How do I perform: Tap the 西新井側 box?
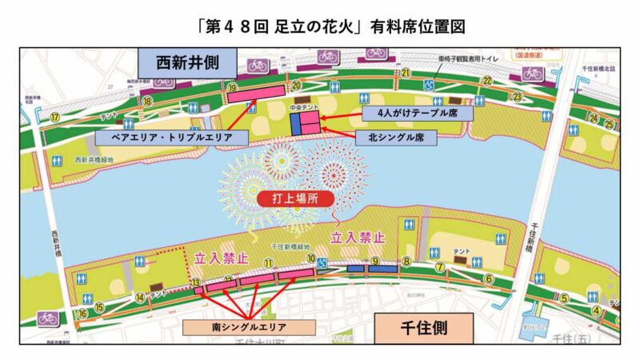coord(186,62)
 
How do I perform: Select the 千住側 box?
coord(424,327)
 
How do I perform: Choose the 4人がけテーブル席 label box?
coord(418,113)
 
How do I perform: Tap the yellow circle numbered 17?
coord(55,116)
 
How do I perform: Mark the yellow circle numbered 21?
coord(406,74)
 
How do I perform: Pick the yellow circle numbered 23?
coord(518,97)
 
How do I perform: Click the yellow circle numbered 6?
coord(488,278)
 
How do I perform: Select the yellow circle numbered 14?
coord(140,298)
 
